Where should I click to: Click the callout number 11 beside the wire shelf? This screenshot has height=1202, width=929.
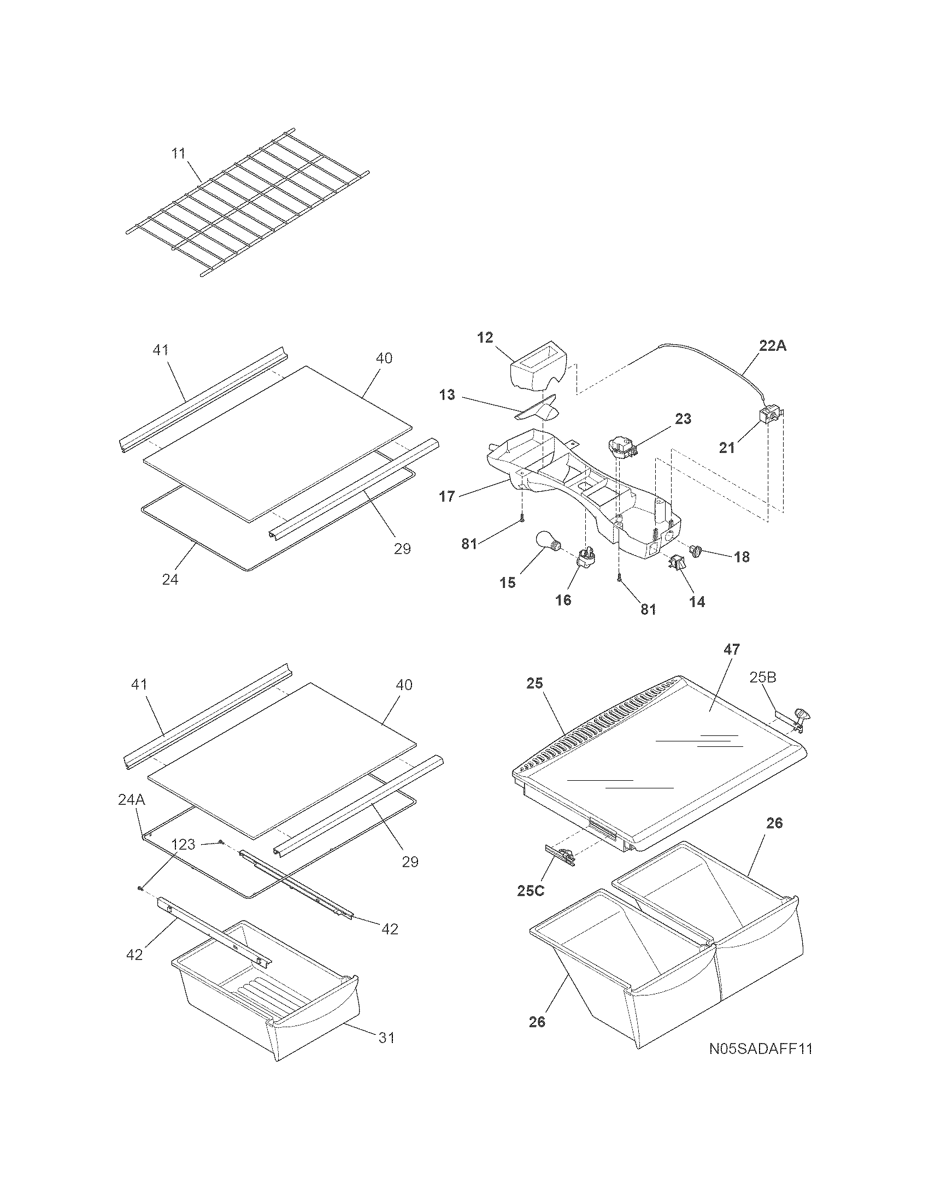coord(178,154)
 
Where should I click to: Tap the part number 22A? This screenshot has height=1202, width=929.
coord(773,346)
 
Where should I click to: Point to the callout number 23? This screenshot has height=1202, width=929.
coord(683,419)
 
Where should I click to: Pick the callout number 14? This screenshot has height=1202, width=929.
coord(697,602)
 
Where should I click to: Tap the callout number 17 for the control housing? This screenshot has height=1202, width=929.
coord(447,497)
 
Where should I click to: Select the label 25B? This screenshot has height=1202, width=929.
coord(763,677)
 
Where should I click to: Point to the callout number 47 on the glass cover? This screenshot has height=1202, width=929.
coord(732,650)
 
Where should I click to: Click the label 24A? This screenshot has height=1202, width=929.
coord(132,800)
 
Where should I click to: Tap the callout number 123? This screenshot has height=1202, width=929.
coord(183,844)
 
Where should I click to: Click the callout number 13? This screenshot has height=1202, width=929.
coord(447,394)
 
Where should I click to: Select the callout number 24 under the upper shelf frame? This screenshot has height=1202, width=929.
coord(170,579)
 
